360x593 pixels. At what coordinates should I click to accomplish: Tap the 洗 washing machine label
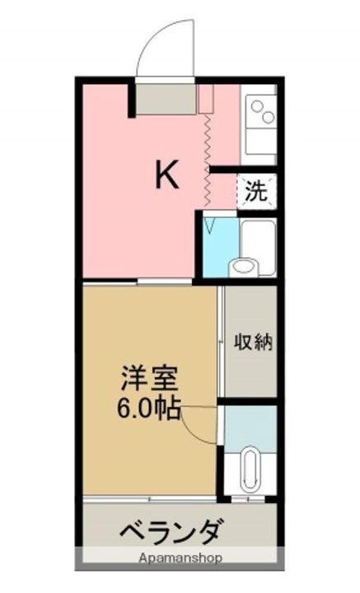pyautogui.click(x=257, y=192)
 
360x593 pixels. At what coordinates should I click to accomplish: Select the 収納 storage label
pyautogui.click(x=251, y=342)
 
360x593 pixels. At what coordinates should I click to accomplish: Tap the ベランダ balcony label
pyautogui.click(x=170, y=531)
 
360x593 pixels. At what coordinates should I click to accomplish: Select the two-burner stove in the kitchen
pyautogui.click(x=262, y=114)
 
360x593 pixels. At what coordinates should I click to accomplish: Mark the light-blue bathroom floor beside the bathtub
pyautogui.click(x=215, y=247)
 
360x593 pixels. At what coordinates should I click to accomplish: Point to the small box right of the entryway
pyautogui.click(x=205, y=96)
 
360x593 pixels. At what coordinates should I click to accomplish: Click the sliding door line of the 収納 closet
pyautogui.click(x=222, y=342)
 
